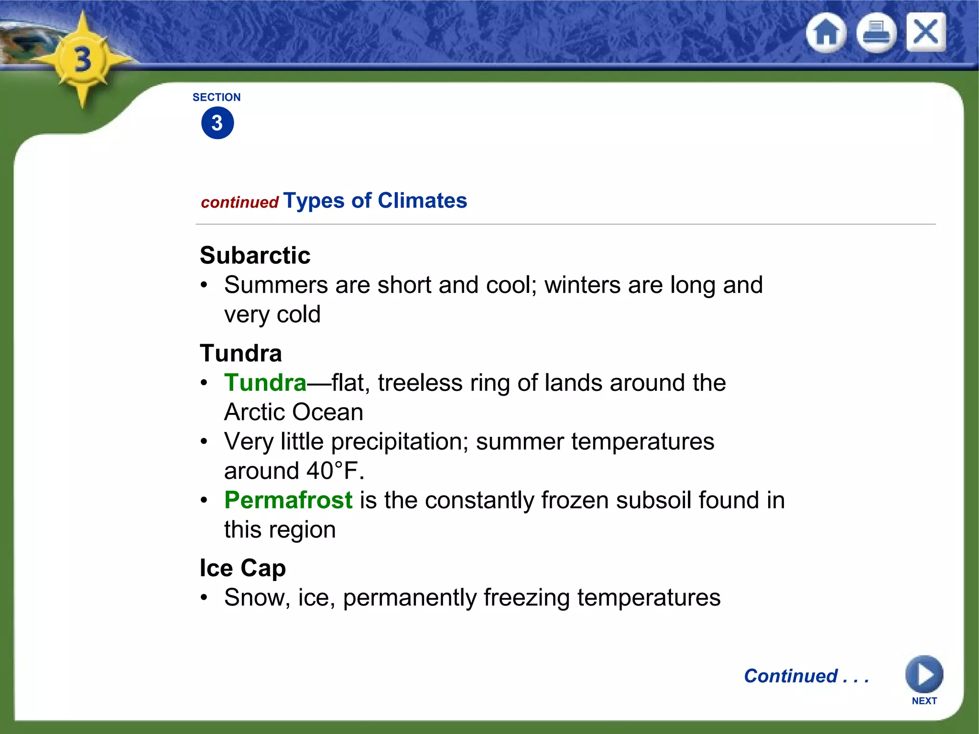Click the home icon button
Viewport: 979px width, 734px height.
(x=826, y=33)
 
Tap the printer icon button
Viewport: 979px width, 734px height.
(x=876, y=33)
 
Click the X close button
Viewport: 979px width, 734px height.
(x=925, y=32)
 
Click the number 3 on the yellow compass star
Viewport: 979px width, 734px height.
(x=83, y=60)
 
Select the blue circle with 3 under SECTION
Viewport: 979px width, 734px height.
(x=218, y=123)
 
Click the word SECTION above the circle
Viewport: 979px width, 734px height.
(x=217, y=97)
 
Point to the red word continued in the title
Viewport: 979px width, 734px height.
(x=239, y=203)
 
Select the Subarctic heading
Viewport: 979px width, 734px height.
(x=255, y=255)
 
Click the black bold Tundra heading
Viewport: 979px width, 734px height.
(x=241, y=354)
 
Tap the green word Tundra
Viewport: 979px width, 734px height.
(x=265, y=383)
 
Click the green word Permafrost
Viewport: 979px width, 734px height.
(x=288, y=500)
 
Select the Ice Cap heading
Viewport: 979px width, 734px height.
(x=242, y=568)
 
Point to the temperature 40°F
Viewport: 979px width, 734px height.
(x=335, y=471)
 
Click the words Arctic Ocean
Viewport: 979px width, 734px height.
(x=294, y=412)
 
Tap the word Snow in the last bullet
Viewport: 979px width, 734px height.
(x=253, y=598)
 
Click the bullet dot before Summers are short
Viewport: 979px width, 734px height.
(x=204, y=285)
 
